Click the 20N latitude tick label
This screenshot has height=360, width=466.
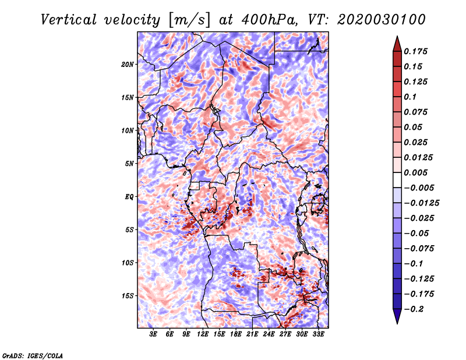128,65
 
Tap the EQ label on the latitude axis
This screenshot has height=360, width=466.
129,197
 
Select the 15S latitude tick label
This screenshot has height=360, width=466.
128,296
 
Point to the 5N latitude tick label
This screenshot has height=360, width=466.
129,164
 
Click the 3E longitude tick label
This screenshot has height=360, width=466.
153,334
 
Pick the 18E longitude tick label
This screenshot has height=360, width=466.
236,334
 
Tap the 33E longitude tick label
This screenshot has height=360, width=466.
318,334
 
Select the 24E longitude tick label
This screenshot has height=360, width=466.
269,334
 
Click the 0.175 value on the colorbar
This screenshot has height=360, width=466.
415,51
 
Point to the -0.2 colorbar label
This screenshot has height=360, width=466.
414,309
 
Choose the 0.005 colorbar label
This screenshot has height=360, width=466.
415,172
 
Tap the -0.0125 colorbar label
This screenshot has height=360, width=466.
421,203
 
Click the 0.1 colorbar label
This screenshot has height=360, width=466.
410,97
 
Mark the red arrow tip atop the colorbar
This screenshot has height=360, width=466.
397,36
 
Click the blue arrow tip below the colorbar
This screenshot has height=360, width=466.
397,323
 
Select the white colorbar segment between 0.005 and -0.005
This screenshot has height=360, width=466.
397,180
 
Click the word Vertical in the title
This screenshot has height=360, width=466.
69,20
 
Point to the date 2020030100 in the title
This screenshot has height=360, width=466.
382,20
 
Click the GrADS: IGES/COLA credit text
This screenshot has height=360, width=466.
33,356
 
